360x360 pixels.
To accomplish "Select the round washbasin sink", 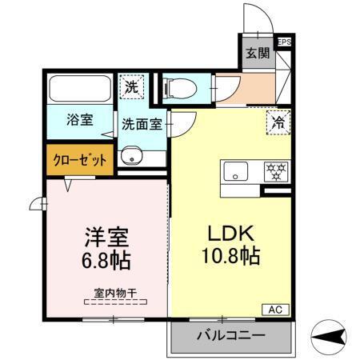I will [130, 156].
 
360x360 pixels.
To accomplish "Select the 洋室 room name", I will [106, 238].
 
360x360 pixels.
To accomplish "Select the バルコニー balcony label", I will [230, 334].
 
